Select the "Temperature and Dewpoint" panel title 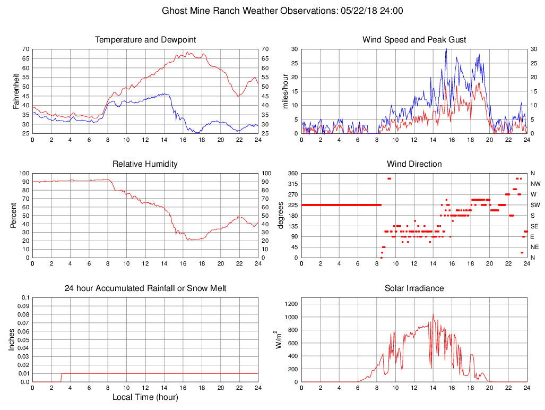coord(145,40)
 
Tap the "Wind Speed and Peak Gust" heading coord(414,40)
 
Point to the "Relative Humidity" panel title coord(145,164)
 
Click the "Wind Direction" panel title coord(414,164)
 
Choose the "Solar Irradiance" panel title coord(414,288)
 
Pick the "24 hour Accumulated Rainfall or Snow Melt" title coord(145,288)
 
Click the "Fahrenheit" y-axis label coord(16,91)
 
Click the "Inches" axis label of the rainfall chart coord(12,339)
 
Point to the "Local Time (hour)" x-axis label coord(145,397)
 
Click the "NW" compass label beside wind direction coord(534,184)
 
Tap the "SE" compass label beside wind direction coord(534,226)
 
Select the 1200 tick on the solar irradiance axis coord(291,304)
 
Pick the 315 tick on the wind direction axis coord(292,184)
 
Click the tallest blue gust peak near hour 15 coord(446,49)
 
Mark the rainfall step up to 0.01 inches coord(62,374)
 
